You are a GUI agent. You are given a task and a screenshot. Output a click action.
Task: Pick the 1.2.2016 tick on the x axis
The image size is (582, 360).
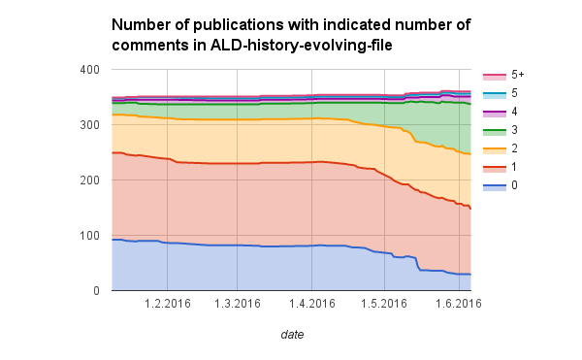click(x=166, y=304)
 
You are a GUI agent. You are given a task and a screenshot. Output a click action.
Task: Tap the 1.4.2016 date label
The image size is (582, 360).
click(x=312, y=304)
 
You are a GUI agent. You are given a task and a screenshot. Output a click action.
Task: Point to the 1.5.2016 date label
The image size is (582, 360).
click(x=384, y=304)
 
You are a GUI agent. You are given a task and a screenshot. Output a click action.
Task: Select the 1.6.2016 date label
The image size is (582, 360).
click(x=458, y=304)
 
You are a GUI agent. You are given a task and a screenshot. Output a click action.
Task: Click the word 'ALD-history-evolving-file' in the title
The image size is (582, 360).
click(x=275, y=43)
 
